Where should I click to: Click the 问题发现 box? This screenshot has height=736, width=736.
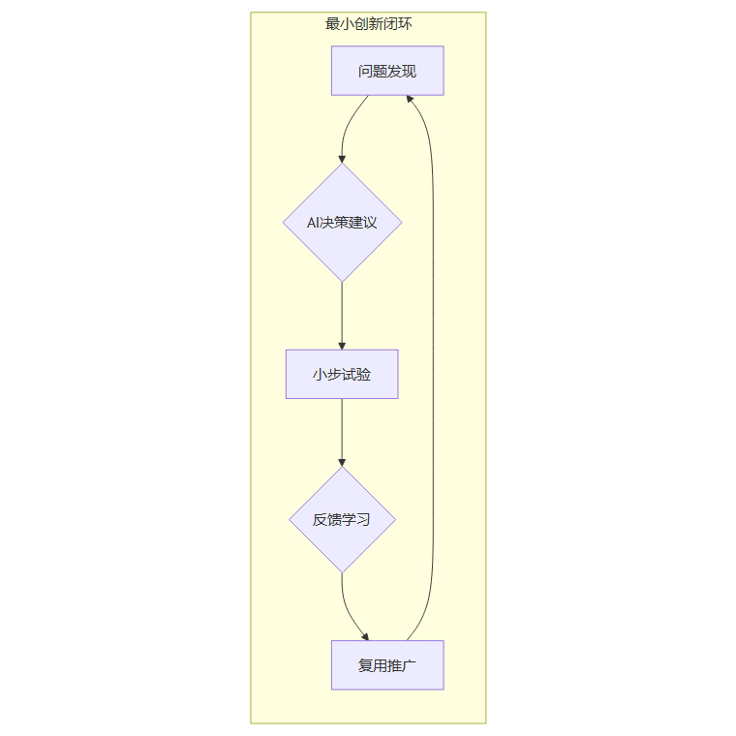pyautogui.click(x=387, y=71)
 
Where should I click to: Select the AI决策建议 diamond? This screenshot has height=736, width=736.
pyautogui.click(x=342, y=222)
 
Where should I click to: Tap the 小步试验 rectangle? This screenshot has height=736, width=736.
pyautogui.click(x=342, y=374)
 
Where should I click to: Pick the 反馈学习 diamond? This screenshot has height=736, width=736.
pyautogui.click(x=342, y=520)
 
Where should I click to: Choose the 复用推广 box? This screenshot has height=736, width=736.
pyautogui.click(x=387, y=665)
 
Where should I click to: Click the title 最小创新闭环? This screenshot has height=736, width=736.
pyautogui.click(x=369, y=24)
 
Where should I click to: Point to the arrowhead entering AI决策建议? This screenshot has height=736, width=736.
pyautogui.click(x=342, y=158)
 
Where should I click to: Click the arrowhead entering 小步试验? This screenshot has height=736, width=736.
pyautogui.click(x=342, y=345)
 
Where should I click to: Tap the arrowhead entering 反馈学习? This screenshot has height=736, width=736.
pyautogui.click(x=342, y=462)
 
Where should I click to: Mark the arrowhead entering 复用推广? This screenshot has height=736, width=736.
pyautogui.click(x=365, y=636)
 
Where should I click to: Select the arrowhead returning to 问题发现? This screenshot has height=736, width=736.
pyautogui.click(x=411, y=100)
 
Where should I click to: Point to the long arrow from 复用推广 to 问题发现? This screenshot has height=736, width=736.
pyautogui.click(x=432, y=368)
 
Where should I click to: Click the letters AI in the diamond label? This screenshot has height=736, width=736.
pyautogui.click(x=314, y=223)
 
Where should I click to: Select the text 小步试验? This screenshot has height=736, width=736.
pyautogui.click(x=342, y=375)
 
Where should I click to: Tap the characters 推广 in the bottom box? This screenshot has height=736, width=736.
pyautogui.click(x=402, y=666)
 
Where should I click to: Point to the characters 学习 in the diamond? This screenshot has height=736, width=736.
pyautogui.click(x=355, y=520)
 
